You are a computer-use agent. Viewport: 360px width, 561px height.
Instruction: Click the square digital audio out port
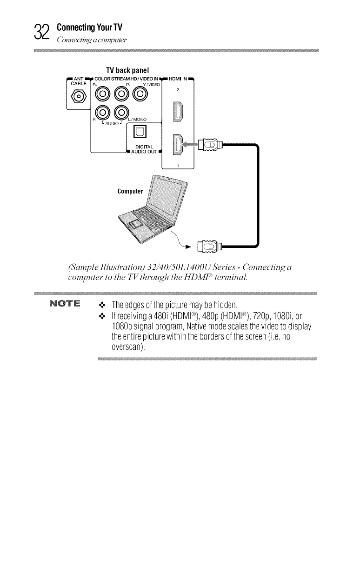coord(141,135)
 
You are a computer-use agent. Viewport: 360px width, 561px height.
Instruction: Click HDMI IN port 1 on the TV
coord(178,144)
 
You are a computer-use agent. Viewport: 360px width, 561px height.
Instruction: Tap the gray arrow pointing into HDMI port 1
coord(190,145)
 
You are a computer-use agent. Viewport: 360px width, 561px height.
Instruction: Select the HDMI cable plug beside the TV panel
coord(208,145)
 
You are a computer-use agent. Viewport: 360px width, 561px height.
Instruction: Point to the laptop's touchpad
coord(136,224)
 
